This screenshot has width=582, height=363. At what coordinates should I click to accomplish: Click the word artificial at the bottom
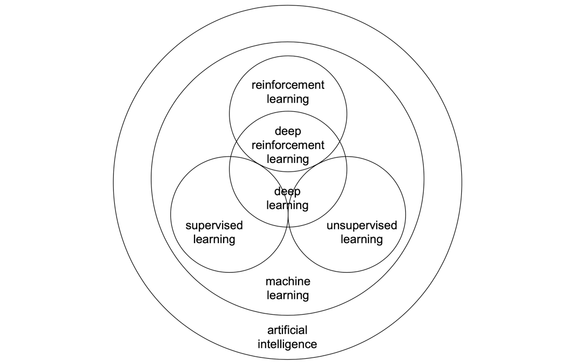coord(288,330)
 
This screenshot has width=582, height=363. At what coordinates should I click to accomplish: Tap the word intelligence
coord(288,344)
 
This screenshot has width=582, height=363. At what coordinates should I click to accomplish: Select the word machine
coord(288,281)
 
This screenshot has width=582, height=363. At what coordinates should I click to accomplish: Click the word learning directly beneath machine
coord(288,295)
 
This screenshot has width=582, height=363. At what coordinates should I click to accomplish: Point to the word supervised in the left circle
coord(214,225)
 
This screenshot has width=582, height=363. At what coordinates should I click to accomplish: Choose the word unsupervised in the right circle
coord(362,225)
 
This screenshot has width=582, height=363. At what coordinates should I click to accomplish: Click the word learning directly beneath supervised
coord(214,239)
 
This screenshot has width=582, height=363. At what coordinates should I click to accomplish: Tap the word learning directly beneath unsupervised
coord(362,239)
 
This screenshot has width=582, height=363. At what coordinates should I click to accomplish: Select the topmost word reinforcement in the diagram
coord(288,85)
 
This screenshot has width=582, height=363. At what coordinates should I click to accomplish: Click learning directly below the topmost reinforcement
coord(288,99)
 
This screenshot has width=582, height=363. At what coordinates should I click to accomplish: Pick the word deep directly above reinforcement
coord(288,131)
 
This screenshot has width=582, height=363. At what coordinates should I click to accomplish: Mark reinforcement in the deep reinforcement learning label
coord(288,145)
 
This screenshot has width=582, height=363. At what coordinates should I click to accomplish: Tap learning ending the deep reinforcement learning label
coord(288,159)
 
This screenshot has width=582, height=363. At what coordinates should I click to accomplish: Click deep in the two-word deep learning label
coord(288,191)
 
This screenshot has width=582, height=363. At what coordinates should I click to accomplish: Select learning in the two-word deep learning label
coord(288,205)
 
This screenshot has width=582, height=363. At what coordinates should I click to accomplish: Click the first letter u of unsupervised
coord(329,226)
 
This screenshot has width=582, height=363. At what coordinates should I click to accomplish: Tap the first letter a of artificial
coord(270,330)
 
